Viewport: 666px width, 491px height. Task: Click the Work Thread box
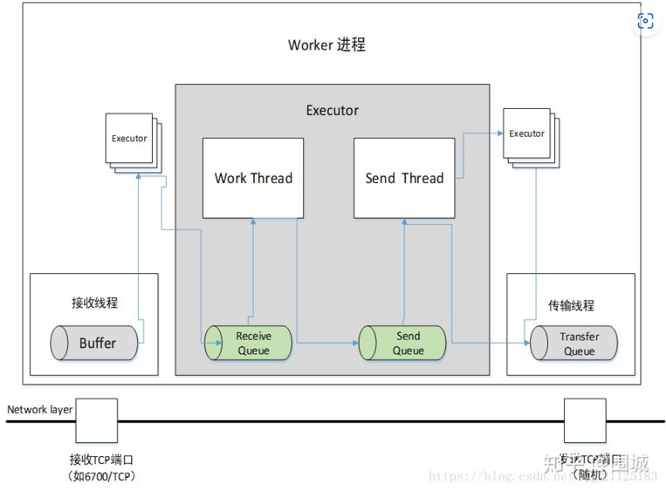click(253, 178)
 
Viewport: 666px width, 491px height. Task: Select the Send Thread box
click(404, 178)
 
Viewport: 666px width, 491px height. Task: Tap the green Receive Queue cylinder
click(248, 343)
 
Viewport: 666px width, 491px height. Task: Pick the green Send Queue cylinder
click(403, 343)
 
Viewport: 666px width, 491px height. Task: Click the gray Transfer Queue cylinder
click(574, 344)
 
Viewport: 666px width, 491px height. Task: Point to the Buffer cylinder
click(95, 343)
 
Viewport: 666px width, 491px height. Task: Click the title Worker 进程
click(326, 45)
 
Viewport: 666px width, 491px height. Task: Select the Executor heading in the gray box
click(333, 110)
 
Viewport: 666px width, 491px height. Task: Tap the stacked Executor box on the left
click(130, 140)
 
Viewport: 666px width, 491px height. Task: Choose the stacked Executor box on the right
click(528, 135)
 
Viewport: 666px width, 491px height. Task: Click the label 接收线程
click(95, 303)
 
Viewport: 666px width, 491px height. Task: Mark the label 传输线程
click(571, 305)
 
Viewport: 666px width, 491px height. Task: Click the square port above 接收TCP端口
click(96, 421)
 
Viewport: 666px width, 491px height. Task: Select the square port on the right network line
click(585, 421)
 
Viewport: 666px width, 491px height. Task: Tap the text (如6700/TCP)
click(102, 476)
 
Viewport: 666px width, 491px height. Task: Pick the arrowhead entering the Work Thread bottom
click(253, 222)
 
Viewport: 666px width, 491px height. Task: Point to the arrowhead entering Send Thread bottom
click(404, 222)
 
